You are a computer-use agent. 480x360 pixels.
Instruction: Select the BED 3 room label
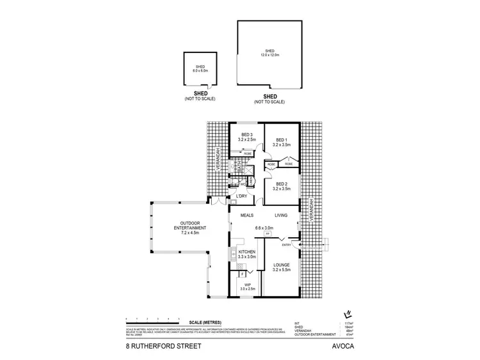pyautogui.click(x=246, y=135)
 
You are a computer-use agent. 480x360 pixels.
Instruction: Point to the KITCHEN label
pyautogui.click(x=247, y=253)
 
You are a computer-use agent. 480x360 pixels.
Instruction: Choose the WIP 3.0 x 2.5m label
pyautogui.click(x=246, y=286)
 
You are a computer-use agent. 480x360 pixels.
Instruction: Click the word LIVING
pyautogui.click(x=283, y=215)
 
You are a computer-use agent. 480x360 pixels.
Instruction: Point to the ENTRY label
pyautogui.click(x=287, y=244)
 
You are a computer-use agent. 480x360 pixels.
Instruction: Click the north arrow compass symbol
pyautogui.click(x=348, y=314)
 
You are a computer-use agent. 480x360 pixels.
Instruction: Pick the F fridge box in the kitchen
pyautogui.click(x=234, y=274)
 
